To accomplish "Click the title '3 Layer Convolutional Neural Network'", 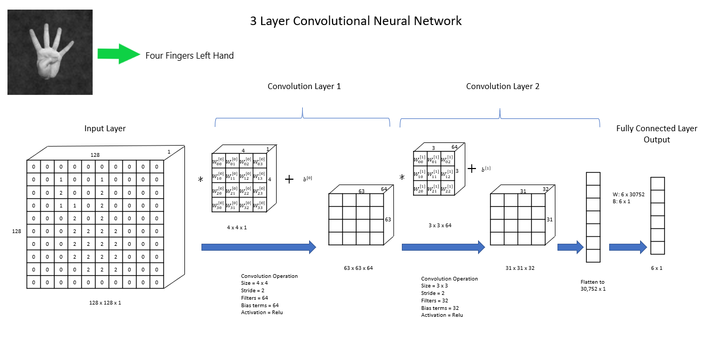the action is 355,21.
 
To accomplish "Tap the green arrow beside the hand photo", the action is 119,54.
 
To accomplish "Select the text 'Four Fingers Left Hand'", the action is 190,55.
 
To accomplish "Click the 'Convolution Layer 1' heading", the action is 304,86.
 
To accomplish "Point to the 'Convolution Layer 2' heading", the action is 503,86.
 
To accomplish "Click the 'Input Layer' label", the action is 105,129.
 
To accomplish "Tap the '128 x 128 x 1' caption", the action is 105,303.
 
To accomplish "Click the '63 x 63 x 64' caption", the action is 358,268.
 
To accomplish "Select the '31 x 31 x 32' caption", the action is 520,268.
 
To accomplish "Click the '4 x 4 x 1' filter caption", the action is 237,228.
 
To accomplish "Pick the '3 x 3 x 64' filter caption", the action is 440,226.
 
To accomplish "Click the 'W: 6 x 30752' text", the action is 628,195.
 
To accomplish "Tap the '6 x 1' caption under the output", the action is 656,268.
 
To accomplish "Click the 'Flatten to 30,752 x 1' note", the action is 593,285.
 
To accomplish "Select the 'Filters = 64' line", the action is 255,298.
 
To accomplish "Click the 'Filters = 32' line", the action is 434,301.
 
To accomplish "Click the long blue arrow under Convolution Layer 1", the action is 258,247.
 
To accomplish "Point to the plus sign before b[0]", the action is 289,179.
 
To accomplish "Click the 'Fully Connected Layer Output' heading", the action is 657,134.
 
